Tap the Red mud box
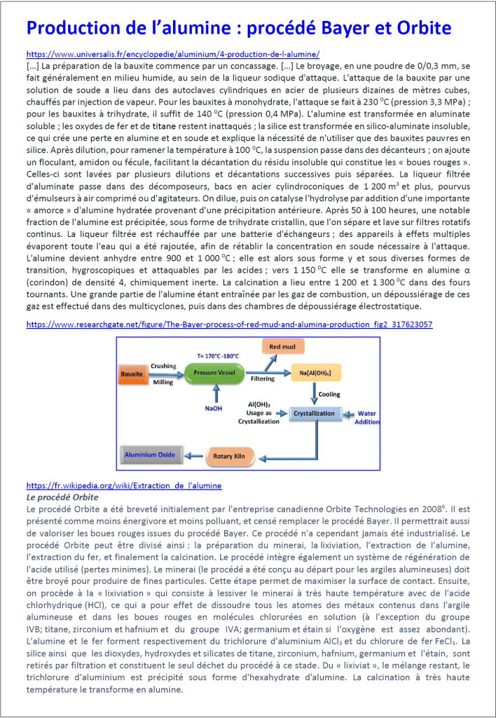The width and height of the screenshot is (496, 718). click(x=282, y=346)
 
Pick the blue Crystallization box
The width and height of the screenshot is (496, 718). click(x=315, y=413)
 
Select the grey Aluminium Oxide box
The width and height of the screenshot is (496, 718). click(x=149, y=455)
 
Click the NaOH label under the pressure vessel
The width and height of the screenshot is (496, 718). click(x=214, y=407)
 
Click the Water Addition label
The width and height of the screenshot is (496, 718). click(x=367, y=417)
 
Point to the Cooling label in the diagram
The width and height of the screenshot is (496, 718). click(x=329, y=393)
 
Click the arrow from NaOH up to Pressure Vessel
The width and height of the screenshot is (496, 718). click(x=212, y=394)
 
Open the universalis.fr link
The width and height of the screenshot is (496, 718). click(x=172, y=53)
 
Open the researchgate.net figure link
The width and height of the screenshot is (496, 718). click(x=229, y=325)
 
